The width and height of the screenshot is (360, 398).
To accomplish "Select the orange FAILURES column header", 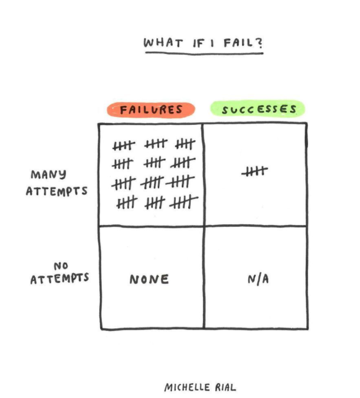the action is pos(151,110).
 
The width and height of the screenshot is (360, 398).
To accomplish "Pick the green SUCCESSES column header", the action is pos(258,109).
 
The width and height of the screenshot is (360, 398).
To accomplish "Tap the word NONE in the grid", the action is pos(149,279).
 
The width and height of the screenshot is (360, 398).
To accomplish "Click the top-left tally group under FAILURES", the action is pos(124,146).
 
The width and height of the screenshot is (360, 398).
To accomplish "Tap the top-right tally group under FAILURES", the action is pos(185,144).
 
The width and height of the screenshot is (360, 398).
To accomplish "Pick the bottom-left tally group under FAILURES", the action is pos(127,203).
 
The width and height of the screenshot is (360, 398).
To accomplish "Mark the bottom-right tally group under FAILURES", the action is pos(184,203).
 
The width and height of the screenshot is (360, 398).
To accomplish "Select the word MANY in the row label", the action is pos(49,174).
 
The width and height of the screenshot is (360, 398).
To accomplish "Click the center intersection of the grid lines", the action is pos(204,225).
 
